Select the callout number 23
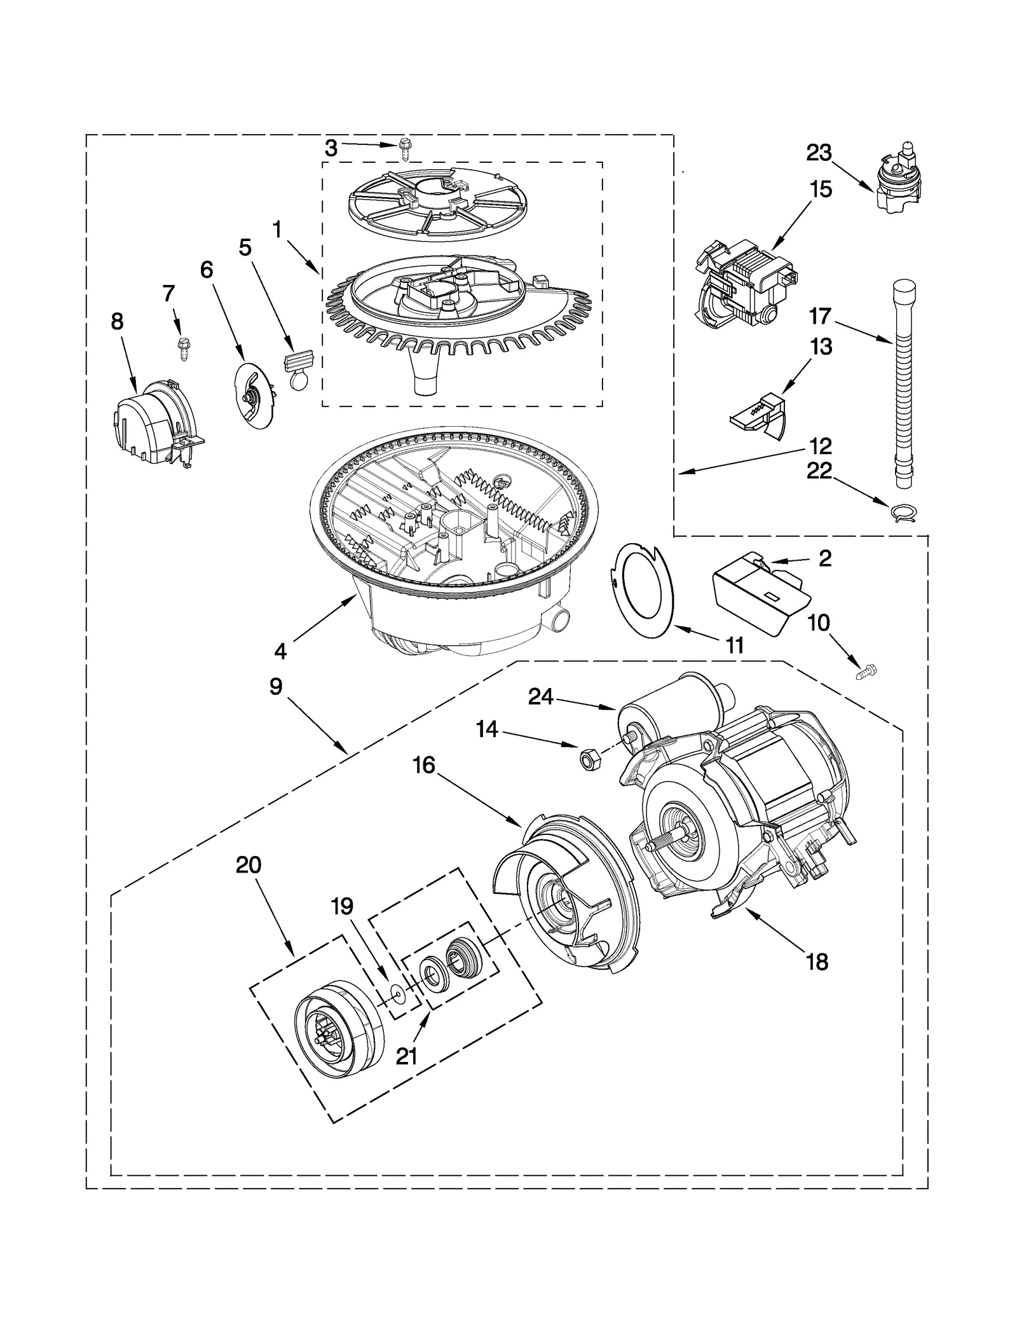[819, 153]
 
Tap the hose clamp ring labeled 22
[902, 513]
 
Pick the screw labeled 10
[866, 672]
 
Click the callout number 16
[424, 765]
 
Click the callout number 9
[275, 687]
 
